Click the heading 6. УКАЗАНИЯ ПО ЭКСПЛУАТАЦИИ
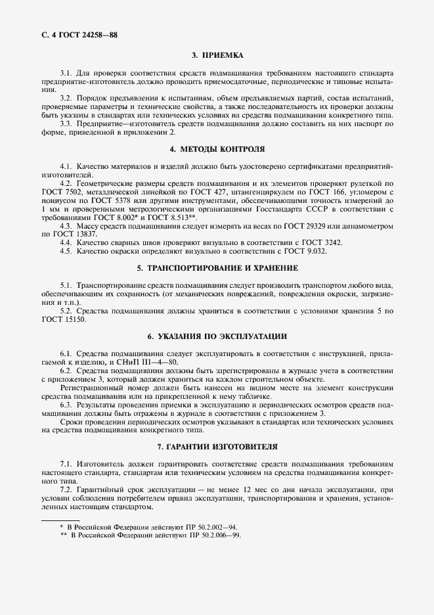[217, 336]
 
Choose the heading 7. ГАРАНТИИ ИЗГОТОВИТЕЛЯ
[217, 447]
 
